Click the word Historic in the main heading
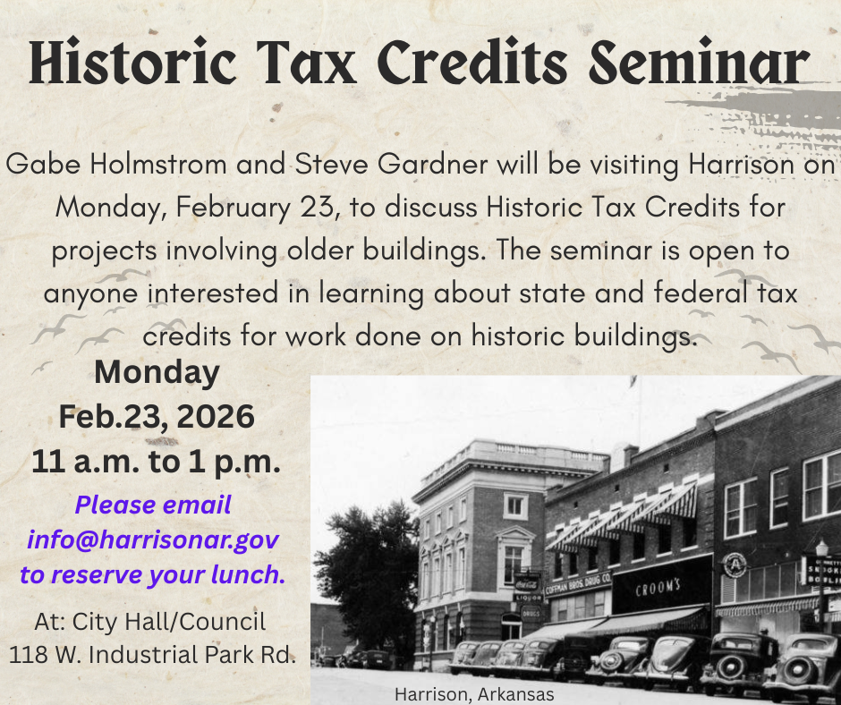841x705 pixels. pos(117,64)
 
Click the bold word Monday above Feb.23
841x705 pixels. pos(157,372)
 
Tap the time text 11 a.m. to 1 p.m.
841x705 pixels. pos(157,462)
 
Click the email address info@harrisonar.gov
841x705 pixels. pos(153,540)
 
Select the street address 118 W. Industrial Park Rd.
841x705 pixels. pos(152,654)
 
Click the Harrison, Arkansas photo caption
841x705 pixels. pos(474,694)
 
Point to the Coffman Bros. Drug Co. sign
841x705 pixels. pos(577,583)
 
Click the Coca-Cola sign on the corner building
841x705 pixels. pos(527,581)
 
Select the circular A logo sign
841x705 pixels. pos(735,565)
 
